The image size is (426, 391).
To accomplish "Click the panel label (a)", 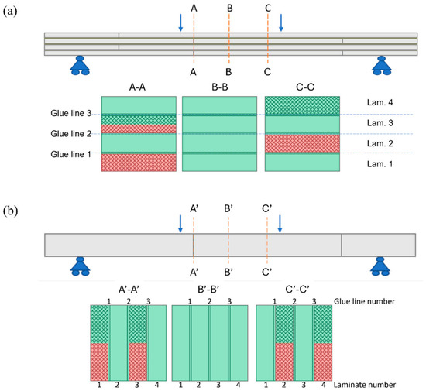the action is click(10, 12).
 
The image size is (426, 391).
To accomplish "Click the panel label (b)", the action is click(10, 211).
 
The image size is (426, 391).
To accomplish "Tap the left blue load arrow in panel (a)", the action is click(180, 22).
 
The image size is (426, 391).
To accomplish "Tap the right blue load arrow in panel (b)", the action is click(280, 224).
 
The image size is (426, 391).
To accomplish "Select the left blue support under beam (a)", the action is click(80, 66).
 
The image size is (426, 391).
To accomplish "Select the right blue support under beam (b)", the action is click(380, 266).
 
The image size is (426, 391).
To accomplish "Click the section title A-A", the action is click(137, 87).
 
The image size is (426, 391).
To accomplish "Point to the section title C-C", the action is click(305, 87).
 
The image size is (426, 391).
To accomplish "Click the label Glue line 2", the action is click(71, 134).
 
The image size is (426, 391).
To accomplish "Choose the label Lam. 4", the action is click(380, 103).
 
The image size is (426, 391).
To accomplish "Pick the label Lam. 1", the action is click(380, 164).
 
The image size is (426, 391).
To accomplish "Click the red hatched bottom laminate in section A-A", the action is click(139, 163).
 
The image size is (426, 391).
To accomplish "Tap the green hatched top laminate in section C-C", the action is click(302, 105).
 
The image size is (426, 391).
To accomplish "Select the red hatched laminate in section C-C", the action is click(302, 144).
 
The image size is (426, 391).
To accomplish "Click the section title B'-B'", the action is click(208, 290).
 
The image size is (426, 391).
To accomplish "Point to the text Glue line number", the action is click(364, 301).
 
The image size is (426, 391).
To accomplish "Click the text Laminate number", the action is click(365, 385).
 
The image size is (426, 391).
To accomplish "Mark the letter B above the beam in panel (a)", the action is click(230, 9).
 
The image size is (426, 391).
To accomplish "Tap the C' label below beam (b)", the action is click(267, 272).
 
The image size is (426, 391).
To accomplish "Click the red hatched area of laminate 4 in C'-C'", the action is click(323, 362).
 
